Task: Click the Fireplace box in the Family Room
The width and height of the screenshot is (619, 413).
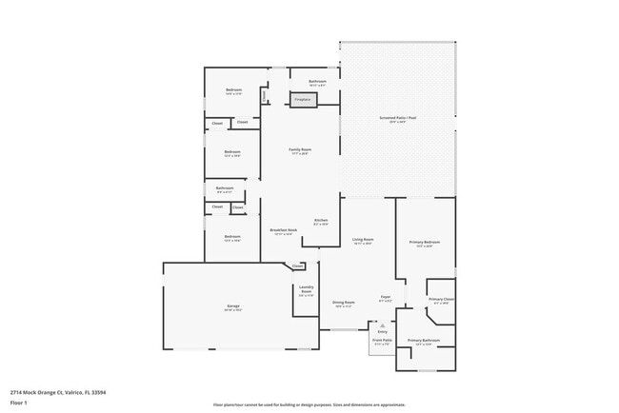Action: (303, 99)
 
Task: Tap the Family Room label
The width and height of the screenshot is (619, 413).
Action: (300, 150)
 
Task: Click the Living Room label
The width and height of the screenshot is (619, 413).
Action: (363, 240)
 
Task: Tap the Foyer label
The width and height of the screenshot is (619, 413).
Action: (386, 297)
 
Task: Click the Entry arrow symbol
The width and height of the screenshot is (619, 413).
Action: (383, 324)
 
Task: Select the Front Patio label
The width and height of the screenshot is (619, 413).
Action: (382, 340)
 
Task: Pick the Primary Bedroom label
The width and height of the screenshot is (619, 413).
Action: (425, 244)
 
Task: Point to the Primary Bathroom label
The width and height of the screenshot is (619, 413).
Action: (424, 340)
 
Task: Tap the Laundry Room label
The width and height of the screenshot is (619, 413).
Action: (307, 289)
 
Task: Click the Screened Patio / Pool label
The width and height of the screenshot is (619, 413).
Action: (398, 118)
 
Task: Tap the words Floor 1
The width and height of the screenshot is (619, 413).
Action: (19, 403)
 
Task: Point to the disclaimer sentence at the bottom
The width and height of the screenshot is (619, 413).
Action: (309, 404)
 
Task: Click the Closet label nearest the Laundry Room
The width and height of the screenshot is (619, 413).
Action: (298, 265)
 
